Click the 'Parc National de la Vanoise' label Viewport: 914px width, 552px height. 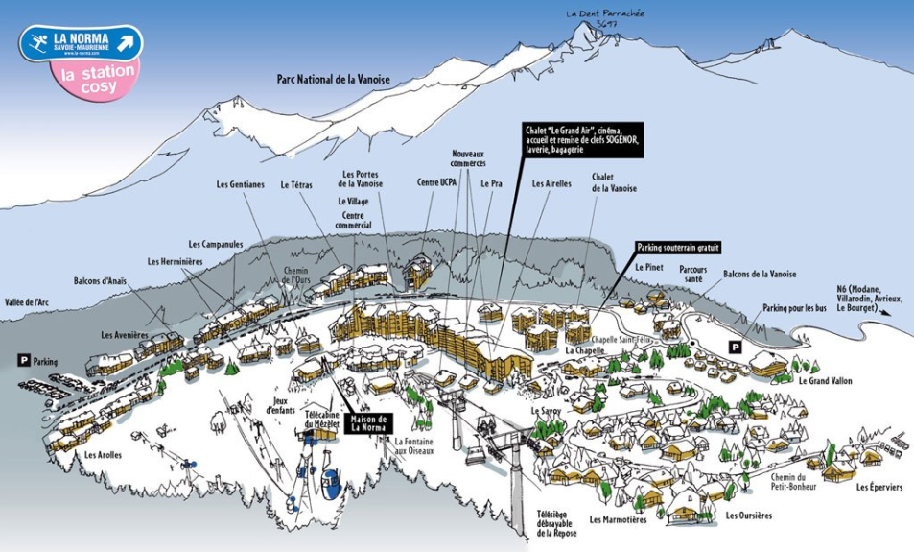[333, 80]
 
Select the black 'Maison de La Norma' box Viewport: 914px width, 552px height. [368, 422]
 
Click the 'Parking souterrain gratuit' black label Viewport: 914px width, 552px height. [678, 247]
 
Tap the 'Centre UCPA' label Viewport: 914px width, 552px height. [436, 181]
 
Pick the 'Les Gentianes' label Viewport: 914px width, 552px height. [240, 184]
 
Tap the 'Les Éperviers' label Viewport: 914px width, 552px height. [879, 487]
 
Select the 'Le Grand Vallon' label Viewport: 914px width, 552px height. [825, 380]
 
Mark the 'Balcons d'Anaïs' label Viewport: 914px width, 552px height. [100, 281]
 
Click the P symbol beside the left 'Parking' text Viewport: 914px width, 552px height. [23, 360]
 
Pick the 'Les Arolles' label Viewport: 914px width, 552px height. [103, 454]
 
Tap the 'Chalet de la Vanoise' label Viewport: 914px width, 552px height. [615, 182]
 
